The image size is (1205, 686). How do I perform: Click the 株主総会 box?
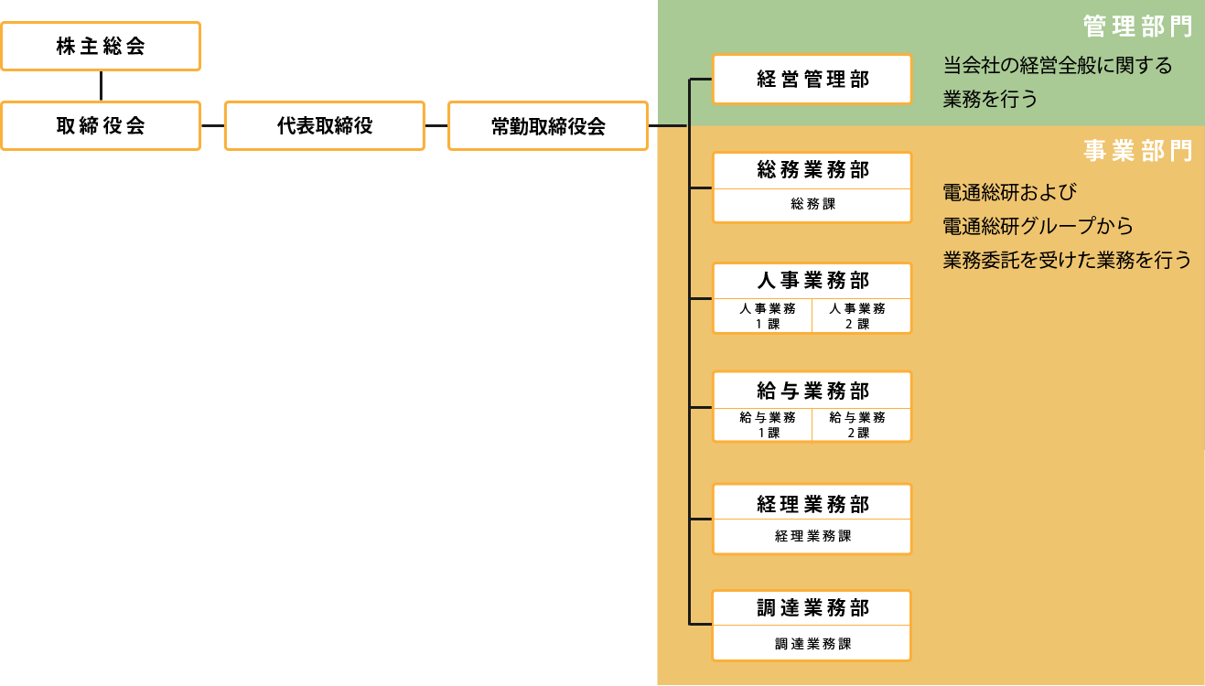101,47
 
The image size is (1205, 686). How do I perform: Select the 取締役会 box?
101,125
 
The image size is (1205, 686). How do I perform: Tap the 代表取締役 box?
324,125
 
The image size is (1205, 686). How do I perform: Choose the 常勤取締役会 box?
548,125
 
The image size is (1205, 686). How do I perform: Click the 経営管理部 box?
812,80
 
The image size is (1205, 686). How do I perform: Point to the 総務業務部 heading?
812,170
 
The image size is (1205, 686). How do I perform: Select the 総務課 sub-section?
812,205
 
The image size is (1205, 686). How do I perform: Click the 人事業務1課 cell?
762,316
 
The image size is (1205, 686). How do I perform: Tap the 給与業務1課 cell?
762,424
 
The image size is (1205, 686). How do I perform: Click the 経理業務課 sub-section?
812,536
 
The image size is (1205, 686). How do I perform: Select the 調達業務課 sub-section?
812,643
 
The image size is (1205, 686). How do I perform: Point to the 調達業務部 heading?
812,608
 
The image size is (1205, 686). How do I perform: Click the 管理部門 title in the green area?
1137,27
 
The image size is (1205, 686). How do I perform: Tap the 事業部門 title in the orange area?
1137,151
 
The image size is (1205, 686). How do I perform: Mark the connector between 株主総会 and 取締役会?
101,86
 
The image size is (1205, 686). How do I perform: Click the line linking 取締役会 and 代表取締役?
212,125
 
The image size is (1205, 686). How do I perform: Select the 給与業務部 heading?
812,391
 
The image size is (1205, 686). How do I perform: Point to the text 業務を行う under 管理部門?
991,99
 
